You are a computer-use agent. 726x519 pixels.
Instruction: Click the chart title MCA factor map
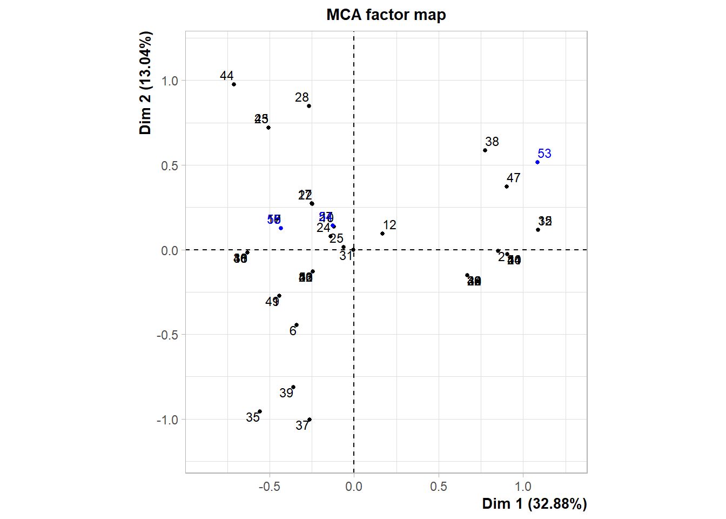click(386, 15)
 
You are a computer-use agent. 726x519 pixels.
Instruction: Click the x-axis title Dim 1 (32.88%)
click(534, 504)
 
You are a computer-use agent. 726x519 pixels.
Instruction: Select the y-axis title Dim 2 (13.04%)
click(145, 83)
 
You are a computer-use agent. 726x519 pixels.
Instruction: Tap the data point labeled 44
click(234, 84)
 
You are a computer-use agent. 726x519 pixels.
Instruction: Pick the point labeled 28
click(309, 106)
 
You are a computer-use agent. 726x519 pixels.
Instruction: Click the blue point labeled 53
click(537, 162)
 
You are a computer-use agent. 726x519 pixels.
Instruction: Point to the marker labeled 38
click(485, 150)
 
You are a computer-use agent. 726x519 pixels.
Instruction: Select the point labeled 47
click(507, 187)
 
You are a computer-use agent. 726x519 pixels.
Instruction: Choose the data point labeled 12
click(382, 234)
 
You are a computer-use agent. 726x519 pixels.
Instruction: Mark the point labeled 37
click(310, 420)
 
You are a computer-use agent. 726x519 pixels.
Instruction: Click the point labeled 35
click(260, 411)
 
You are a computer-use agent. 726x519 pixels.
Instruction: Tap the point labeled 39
click(293, 387)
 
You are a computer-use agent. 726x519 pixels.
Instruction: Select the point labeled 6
click(297, 325)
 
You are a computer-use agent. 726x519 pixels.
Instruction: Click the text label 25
click(337, 238)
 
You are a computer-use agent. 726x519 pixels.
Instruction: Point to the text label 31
click(346, 256)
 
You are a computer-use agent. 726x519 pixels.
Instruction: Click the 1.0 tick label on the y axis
click(170, 81)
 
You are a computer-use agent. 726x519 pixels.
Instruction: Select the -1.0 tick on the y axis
click(167, 420)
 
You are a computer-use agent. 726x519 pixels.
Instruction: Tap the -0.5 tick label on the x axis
click(269, 487)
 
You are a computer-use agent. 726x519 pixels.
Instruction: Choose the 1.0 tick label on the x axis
click(523, 487)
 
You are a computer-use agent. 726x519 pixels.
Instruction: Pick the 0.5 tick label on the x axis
click(439, 487)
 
